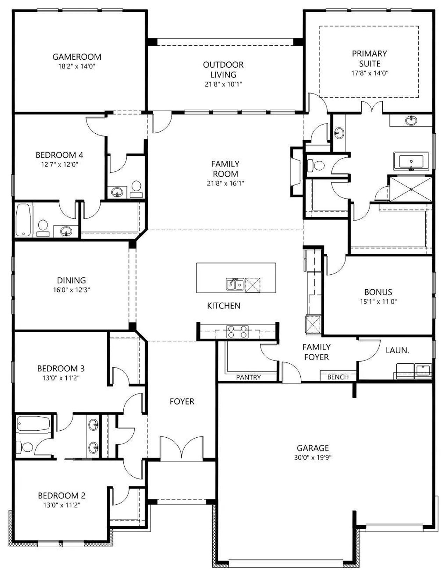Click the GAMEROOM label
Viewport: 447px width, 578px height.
tap(77, 57)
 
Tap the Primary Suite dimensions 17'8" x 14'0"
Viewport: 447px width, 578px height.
tap(369, 73)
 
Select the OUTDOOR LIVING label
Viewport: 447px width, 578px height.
tap(223, 70)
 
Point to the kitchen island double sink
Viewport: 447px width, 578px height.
tap(235, 284)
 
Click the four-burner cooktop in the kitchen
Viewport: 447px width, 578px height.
tap(237, 332)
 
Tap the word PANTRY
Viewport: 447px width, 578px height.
tap(249, 377)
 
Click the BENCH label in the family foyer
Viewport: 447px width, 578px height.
tap(338, 377)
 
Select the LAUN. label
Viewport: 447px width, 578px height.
tap(397, 350)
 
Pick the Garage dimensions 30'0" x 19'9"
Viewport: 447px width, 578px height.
tap(313, 458)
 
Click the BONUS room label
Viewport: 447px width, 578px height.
tap(378, 292)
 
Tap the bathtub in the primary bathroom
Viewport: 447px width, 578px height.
tap(411, 162)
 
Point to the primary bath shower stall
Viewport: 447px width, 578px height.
tap(411, 189)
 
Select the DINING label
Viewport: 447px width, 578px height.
tap(71, 280)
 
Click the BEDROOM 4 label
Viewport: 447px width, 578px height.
tap(59, 155)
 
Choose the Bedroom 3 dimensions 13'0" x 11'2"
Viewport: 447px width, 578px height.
tap(61, 378)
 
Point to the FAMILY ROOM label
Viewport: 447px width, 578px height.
tap(225, 169)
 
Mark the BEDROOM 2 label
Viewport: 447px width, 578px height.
tap(62, 496)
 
